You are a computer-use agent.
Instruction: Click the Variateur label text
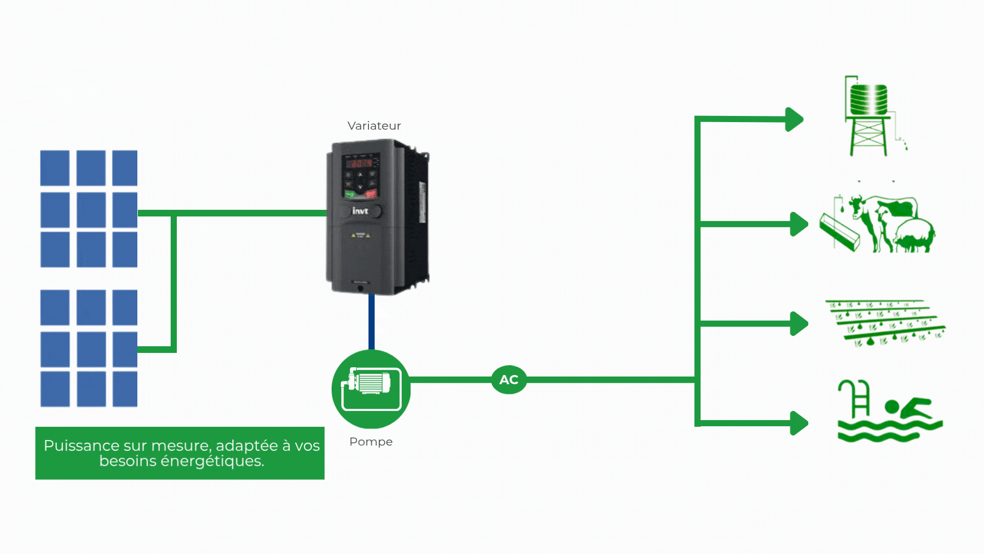point(374,126)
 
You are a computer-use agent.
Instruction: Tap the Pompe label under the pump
point(371,442)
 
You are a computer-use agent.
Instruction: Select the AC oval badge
point(508,380)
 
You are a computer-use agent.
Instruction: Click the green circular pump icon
point(371,389)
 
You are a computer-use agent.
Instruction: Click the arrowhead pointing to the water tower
point(794,120)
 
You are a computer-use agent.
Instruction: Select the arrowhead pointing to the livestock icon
point(798,224)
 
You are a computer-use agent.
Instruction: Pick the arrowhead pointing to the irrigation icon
point(798,324)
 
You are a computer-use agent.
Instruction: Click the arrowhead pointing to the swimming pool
point(798,423)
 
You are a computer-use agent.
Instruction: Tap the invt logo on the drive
point(360,211)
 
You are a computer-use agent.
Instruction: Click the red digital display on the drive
point(360,163)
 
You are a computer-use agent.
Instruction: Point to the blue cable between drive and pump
point(372,322)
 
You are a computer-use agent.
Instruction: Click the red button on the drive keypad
point(371,194)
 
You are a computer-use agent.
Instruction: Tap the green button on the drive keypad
point(350,194)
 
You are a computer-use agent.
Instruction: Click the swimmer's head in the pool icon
point(892,407)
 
